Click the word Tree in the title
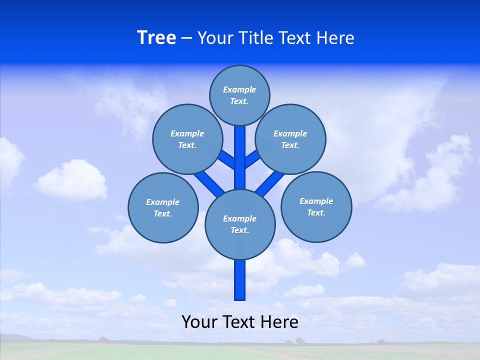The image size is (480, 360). point(156,38)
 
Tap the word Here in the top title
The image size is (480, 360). point(335,38)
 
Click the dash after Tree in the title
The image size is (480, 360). point(186,38)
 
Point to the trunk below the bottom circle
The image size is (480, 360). point(240,280)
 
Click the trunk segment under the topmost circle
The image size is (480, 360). point(240,155)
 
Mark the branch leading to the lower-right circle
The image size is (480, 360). point(270,182)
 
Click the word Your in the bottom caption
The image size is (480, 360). point(199,322)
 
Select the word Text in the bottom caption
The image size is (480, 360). point(238,322)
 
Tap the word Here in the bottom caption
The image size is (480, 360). point(280,322)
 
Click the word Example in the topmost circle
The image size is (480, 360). point(239,89)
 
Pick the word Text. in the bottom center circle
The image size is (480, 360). point(239,230)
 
